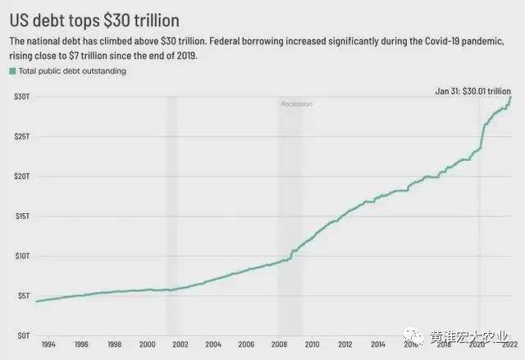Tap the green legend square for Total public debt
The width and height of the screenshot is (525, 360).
pyautogui.click(x=12, y=71)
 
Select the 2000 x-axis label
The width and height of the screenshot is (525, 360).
pyautogui.click(x=147, y=345)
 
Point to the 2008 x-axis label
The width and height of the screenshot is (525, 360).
pyautogui.click(x=279, y=345)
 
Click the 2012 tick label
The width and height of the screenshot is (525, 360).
pyautogui.click(x=345, y=345)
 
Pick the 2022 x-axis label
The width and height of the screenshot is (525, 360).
pyautogui.click(x=509, y=345)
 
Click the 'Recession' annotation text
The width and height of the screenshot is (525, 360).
pyautogui.click(x=296, y=104)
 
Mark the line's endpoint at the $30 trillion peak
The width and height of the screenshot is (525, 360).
pyautogui.click(x=511, y=97)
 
